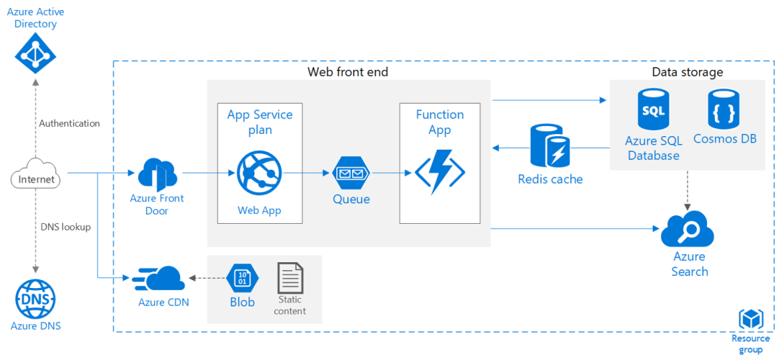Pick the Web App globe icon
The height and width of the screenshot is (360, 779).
(258, 174)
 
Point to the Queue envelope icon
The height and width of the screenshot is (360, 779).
(351, 174)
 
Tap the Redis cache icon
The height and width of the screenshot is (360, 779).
(550, 146)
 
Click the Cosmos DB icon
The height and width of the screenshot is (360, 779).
(724, 110)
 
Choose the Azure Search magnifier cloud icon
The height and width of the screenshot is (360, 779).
(688, 230)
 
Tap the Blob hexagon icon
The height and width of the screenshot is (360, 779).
(242, 277)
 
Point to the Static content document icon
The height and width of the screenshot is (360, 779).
(290, 277)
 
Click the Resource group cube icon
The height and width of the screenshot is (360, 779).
(750, 319)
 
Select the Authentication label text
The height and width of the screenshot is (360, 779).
(69, 123)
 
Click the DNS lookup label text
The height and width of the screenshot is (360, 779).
(65, 227)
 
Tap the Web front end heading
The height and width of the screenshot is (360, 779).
(348, 72)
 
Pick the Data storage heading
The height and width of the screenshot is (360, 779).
(687, 72)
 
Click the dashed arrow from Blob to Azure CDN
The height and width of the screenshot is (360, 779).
(206, 277)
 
